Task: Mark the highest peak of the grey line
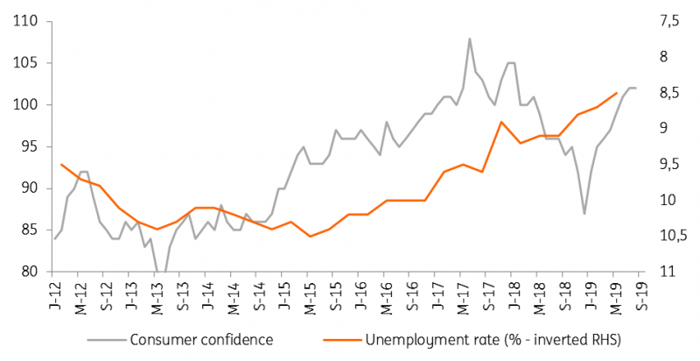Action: (469, 39)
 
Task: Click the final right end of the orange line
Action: (618, 93)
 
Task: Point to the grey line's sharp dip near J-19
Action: (584, 213)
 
